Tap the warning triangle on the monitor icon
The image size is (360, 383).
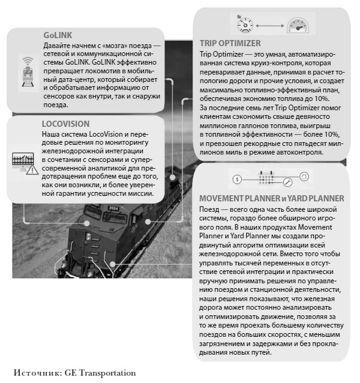30,170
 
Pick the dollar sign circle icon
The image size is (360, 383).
238,179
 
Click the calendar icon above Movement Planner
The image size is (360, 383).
265,178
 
